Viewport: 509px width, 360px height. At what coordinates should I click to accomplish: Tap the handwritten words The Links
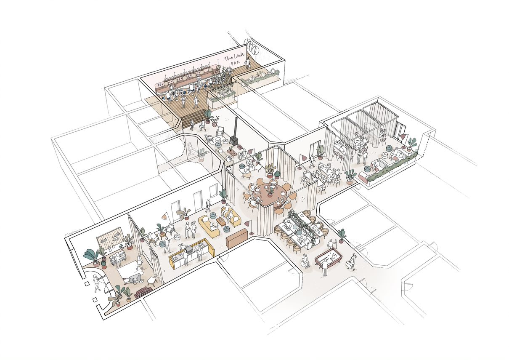coord(233,59)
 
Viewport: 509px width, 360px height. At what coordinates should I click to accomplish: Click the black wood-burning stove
coord(235,139)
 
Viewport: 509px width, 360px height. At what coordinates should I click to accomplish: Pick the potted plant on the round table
coord(270,190)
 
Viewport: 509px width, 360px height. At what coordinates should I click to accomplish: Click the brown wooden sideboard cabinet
coord(237,239)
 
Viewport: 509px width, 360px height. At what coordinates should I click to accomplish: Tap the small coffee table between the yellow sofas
coord(222,221)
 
